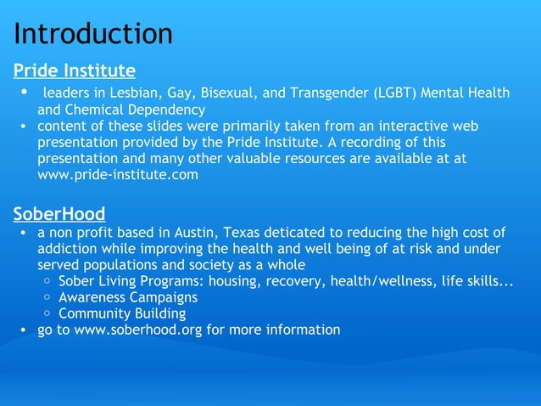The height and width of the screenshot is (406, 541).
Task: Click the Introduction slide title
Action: [93, 34]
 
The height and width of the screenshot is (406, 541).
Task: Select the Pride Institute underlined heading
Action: [75, 70]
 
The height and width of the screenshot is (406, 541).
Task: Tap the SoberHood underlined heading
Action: [59, 212]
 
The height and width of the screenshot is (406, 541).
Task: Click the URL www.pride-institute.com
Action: [118, 175]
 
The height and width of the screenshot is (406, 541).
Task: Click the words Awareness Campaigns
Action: [128, 297]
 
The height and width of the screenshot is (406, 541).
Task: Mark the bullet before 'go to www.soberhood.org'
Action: [25, 330]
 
